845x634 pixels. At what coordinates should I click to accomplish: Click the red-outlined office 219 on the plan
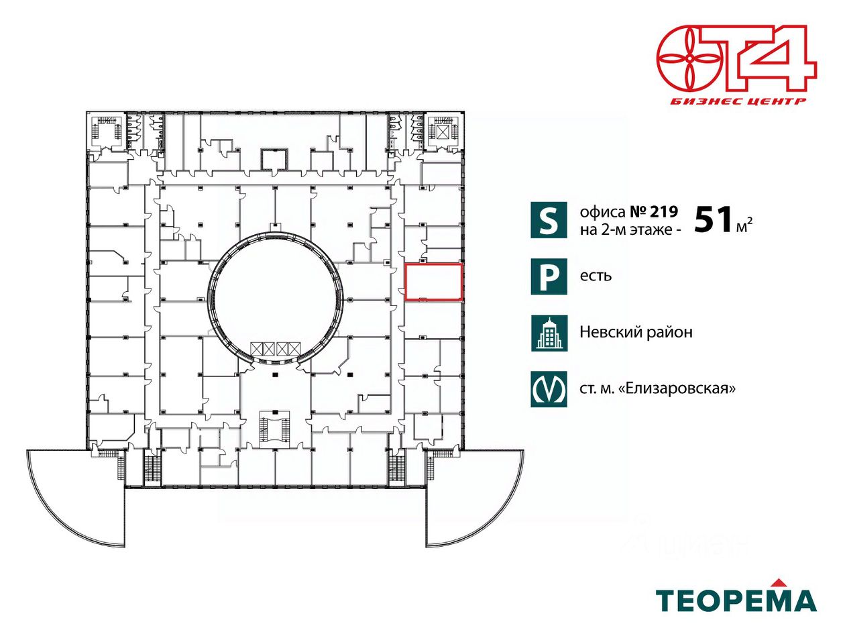point(434,282)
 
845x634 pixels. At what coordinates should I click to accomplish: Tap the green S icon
point(549,219)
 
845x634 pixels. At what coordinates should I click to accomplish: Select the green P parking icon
point(549,276)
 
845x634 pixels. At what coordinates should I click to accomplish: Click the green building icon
point(549,333)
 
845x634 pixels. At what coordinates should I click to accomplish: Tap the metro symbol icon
point(549,388)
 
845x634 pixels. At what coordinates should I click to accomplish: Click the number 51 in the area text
point(713,219)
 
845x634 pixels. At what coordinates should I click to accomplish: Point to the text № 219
point(654,212)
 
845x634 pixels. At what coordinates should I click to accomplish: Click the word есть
point(596,276)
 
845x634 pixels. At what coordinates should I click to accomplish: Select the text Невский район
point(636,332)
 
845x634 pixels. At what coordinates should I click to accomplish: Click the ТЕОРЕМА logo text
point(735,600)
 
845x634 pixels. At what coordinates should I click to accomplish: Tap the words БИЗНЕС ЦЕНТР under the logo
point(738,101)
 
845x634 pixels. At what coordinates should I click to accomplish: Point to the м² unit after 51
point(744,226)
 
